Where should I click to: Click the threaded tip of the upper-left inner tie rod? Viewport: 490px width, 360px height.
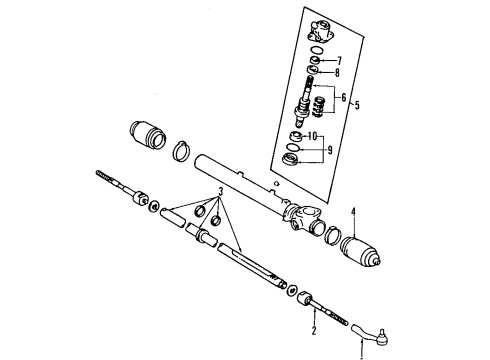102,175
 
